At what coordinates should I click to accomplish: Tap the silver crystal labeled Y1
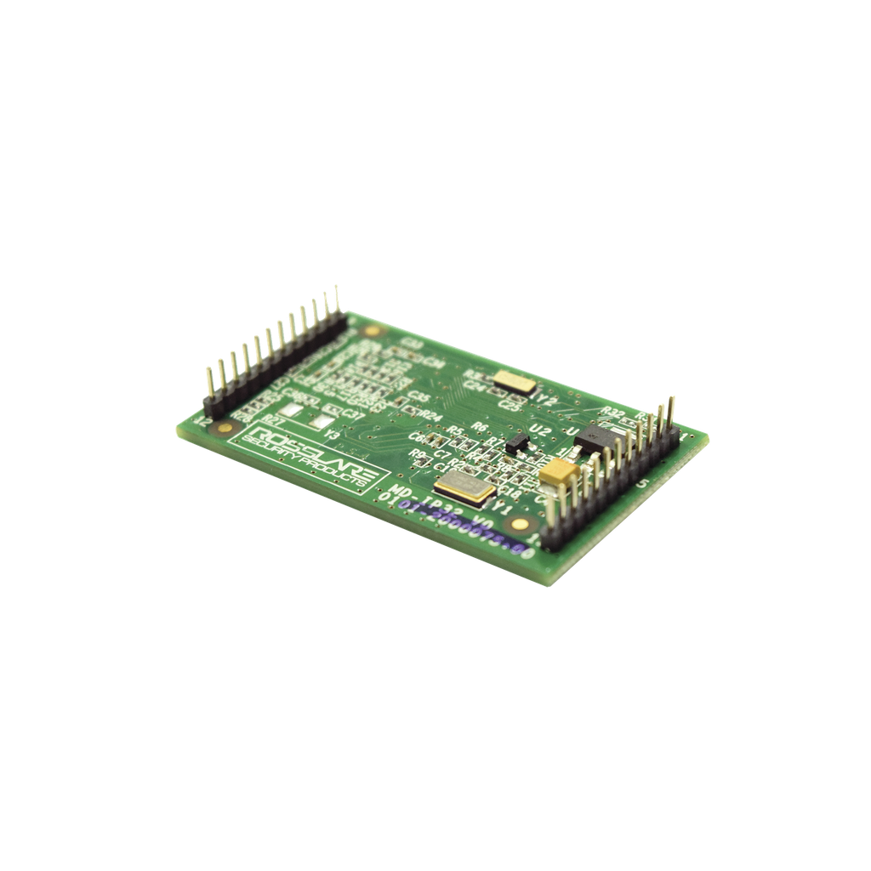coord(463,488)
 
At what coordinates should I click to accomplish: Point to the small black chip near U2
coord(516,443)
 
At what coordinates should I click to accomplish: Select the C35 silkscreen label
coord(418,396)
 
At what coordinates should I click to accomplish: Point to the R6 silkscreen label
coord(479,427)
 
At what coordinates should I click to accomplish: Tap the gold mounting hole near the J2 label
coord(225,428)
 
